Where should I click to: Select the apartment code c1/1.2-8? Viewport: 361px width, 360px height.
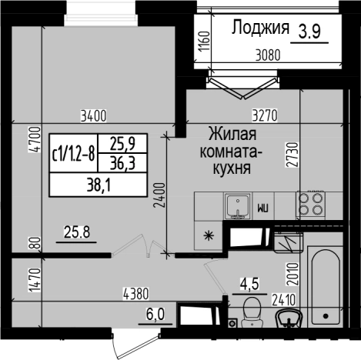click(73, 151)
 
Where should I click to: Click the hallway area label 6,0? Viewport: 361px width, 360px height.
click(155, 315)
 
